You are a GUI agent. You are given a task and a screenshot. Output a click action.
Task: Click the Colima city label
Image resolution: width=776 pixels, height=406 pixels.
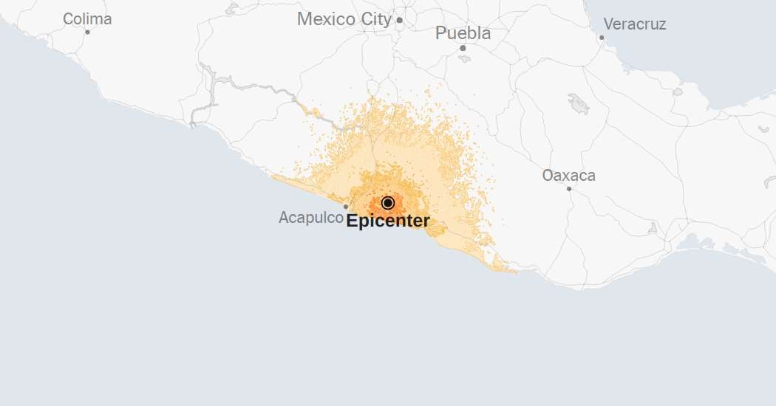[87, 19]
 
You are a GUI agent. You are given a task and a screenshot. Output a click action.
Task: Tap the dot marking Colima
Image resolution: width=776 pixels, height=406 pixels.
[87, 32]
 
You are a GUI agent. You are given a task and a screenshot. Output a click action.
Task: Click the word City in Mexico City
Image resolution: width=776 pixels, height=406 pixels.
[377, 20]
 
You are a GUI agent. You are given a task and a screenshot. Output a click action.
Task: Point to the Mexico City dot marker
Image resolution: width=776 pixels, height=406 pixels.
[399, 20]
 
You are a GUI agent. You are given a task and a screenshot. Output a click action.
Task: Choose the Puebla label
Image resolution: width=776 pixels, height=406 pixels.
[463, 33]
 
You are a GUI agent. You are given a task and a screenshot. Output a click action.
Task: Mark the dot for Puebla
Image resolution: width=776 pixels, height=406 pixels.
[463, 48]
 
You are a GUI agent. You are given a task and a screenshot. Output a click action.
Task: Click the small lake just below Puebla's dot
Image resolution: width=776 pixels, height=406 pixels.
[464, 58]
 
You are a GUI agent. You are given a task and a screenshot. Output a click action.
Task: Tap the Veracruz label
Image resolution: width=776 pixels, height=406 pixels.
[635, 24]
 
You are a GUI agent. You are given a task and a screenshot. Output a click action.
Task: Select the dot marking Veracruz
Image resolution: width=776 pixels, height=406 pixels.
[602, 37]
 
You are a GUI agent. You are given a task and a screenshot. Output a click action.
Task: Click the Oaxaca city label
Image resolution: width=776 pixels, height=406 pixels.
[568, 176]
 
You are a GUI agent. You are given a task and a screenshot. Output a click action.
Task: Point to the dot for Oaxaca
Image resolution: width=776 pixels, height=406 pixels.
[569, 189]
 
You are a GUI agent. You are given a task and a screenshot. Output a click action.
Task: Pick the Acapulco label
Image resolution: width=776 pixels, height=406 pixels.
[310, 218]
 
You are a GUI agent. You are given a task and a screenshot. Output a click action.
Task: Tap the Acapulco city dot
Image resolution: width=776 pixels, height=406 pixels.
[345, 207]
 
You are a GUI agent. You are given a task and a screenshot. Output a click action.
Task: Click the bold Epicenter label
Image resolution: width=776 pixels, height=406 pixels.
[388, 221]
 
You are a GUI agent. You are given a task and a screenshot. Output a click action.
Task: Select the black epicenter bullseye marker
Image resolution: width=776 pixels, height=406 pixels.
[388, 203]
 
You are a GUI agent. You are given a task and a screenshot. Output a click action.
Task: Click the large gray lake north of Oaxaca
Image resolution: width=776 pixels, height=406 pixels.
[579, 104]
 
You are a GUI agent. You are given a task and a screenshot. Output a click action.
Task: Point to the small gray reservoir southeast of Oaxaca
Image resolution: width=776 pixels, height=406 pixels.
[652, 229]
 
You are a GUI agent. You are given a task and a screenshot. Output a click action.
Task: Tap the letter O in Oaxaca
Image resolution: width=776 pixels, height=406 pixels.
[549, 176]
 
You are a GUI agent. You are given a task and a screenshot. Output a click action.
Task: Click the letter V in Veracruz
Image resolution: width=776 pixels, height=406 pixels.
[609, 24]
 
